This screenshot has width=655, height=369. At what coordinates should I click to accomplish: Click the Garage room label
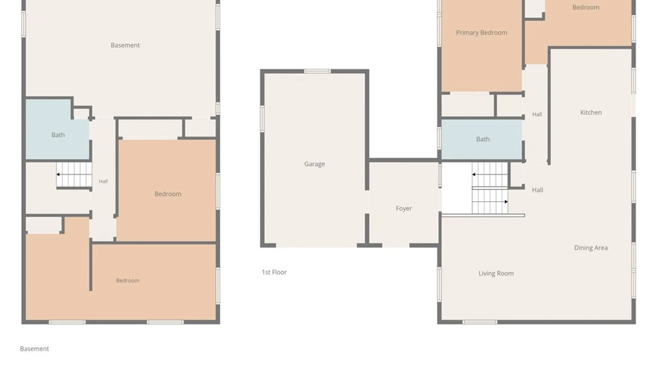(315, 164)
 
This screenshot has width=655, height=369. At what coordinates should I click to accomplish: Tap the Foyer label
(404, 208)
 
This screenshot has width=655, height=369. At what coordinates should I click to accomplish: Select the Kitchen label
(591, 112)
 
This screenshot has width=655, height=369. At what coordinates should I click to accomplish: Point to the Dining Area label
(591, 248)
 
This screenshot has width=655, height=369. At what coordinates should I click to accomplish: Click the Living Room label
(496, 273)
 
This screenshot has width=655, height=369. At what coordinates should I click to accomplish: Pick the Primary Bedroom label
(481, 33)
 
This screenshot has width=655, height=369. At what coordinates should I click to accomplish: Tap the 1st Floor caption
(274, 272)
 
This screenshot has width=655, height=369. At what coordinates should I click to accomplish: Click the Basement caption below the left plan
(34, 349)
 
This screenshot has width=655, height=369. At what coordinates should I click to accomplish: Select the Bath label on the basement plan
(58, 135)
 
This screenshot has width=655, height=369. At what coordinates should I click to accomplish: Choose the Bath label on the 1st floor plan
(483, 139)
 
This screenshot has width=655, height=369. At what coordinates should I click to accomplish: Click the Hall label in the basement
(103, 181)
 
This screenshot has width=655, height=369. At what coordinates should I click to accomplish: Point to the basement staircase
(74, 175)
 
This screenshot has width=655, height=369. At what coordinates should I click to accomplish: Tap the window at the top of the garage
(317, 71)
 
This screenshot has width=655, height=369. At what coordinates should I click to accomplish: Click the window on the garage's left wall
(262, 119)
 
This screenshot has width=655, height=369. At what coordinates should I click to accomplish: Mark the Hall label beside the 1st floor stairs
(537, 190)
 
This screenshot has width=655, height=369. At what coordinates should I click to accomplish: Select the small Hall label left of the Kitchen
(537, 114)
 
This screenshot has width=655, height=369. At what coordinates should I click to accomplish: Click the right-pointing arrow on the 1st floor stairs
(506, 202)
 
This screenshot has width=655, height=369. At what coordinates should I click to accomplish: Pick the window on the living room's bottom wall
(480, 322)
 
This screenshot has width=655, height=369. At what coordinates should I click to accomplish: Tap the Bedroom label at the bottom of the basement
(128, 281)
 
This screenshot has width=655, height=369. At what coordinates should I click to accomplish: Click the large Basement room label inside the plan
(125, 45)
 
